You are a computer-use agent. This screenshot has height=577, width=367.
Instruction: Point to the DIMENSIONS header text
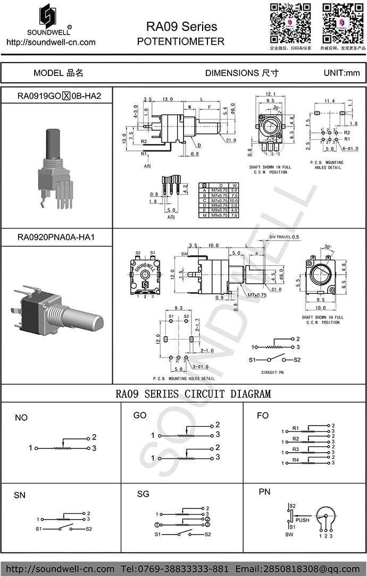click(241, 73)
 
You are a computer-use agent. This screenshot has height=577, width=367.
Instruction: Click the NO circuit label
click(21, 418)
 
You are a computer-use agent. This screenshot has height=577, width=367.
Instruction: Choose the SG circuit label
click(143, 494)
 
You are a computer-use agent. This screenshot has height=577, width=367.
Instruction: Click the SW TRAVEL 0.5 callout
click(285, 236)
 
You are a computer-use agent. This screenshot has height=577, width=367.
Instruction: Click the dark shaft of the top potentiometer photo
click(53, 142)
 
